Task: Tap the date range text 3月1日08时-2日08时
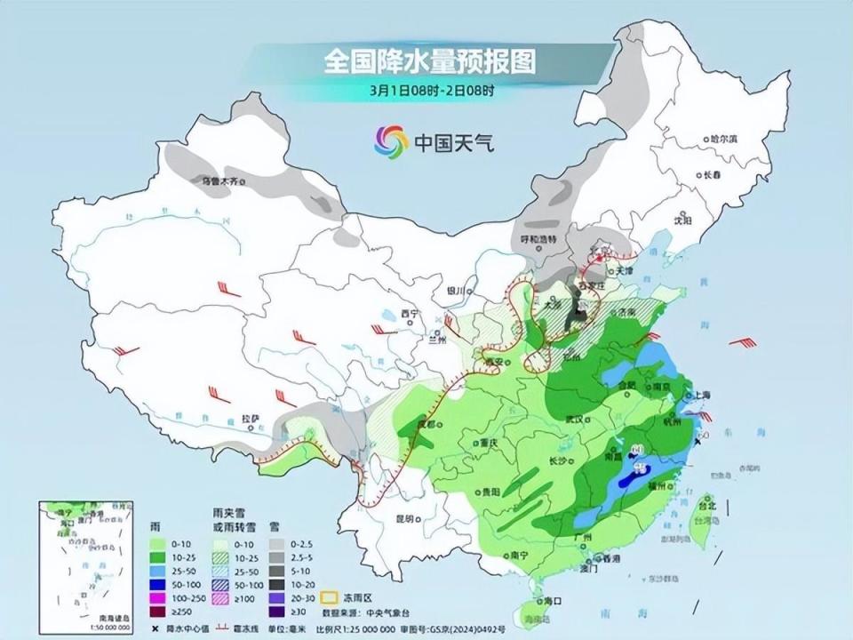[432, 90]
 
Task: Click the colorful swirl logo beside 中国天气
[392, 140]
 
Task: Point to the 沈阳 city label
[682, 218]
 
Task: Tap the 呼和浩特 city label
[538, 240]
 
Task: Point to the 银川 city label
[456, 290]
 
